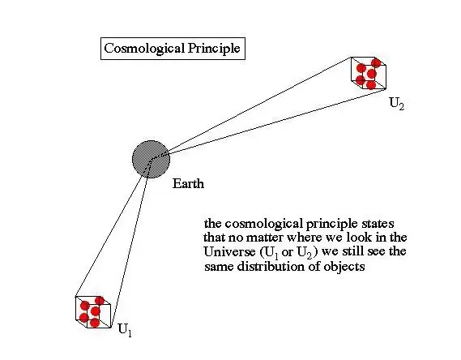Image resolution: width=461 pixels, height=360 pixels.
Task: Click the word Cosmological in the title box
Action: click(144, 49)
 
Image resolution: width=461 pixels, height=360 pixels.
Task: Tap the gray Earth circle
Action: click(152, 159)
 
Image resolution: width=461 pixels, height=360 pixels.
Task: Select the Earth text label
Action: click(188, 183)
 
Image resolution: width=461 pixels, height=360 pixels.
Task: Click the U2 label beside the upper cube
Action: click(397, 103)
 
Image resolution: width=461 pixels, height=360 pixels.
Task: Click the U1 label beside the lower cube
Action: click(125, 330)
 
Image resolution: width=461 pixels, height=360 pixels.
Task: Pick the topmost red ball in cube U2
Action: click(376, 62)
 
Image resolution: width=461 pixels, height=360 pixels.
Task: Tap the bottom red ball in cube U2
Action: click(371, 85)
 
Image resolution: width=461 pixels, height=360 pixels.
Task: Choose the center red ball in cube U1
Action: click(95, 311)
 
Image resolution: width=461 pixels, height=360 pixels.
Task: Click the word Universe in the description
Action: click(229, 252)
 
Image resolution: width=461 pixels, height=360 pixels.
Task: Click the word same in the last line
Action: click(219, 267)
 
